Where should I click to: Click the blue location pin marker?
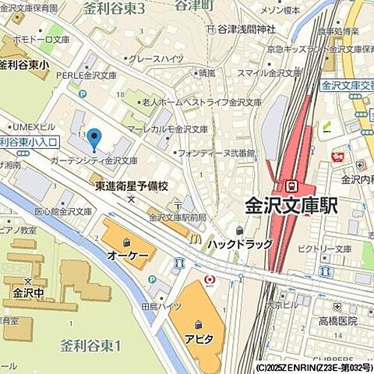pos(94,139)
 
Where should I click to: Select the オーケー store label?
pos(128,256)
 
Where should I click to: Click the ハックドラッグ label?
pos(239,244)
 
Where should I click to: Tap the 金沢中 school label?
pos(28,295)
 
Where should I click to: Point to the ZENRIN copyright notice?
pos(311,366)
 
